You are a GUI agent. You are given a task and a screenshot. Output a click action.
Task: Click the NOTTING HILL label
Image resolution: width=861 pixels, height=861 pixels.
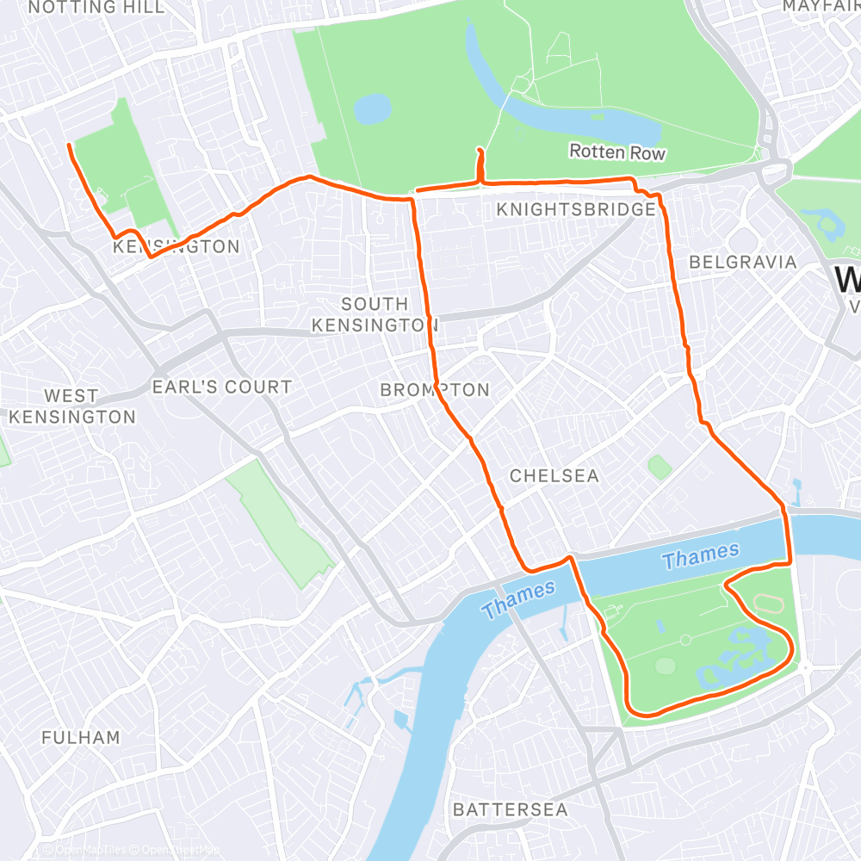click(96, 8)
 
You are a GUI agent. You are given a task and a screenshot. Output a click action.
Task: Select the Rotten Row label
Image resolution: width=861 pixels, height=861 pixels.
click(617, 152)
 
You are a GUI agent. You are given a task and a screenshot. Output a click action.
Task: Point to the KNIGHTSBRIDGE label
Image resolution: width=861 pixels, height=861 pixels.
click(576, 210)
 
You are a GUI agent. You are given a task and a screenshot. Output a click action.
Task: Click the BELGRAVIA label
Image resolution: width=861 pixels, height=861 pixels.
click(743, 262)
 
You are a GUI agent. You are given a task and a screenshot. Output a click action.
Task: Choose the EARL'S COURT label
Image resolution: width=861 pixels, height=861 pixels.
click(222, 387)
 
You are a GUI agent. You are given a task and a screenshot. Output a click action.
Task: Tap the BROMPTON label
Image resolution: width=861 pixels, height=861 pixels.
click(435, 390)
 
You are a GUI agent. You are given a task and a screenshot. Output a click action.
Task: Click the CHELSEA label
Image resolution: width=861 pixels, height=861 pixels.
click(554, 476)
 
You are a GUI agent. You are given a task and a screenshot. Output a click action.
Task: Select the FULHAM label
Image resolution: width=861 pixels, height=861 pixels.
click(81, 738)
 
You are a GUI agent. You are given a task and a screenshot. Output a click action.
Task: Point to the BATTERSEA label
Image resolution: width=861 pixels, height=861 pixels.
click(510, 809)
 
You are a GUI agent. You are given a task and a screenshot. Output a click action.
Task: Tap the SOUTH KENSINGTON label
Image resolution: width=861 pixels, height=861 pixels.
click(375, 314)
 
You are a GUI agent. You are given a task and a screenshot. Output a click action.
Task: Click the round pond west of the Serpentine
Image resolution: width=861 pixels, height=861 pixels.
click(372, 109)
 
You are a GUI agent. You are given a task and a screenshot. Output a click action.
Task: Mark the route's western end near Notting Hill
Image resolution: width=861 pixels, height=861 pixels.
click(69, 146)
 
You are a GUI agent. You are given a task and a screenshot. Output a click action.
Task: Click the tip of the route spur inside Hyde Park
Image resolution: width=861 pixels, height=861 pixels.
click(479, 150)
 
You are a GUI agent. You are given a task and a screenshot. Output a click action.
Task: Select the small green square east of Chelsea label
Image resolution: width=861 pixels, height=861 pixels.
click(660, 468)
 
